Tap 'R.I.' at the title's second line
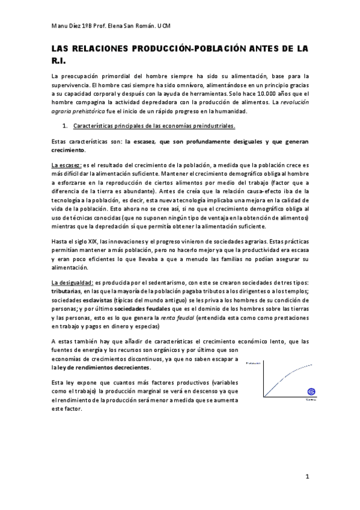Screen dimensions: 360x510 pyautogui.click(x=59, y=61)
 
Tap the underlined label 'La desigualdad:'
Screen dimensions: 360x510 pyautogui.click(x=72, y=283)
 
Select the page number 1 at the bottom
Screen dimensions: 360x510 pyautogui.click(x=307, y=477)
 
